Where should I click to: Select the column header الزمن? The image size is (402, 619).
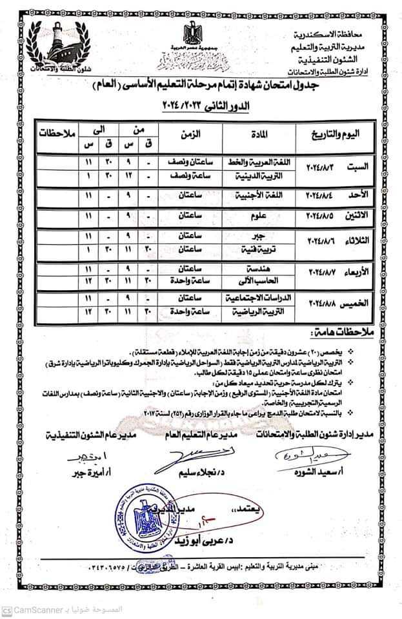[189, 135]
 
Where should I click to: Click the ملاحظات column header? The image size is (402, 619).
[52, 135]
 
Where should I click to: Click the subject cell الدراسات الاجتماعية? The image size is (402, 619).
[252, 300]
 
